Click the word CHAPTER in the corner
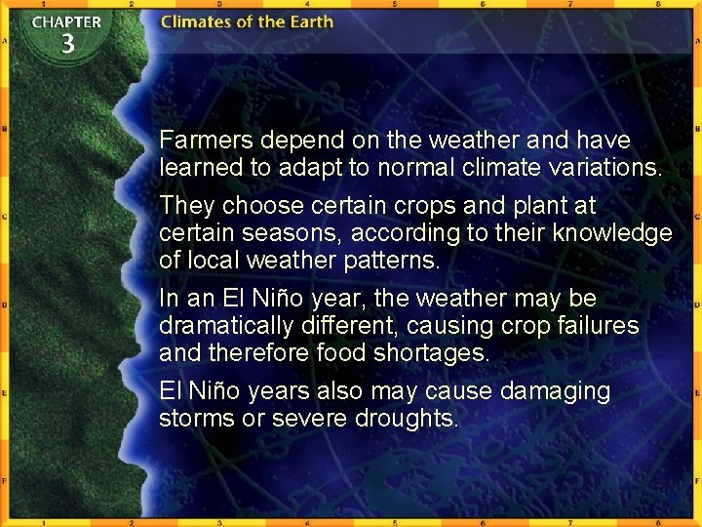pyautogui.click(x=66, y=21)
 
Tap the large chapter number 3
pyautogui.click(x=67, y=44)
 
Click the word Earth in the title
pyautogui.click(x=307, y=21)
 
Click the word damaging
pyautogui.click(x=555, y=391)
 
